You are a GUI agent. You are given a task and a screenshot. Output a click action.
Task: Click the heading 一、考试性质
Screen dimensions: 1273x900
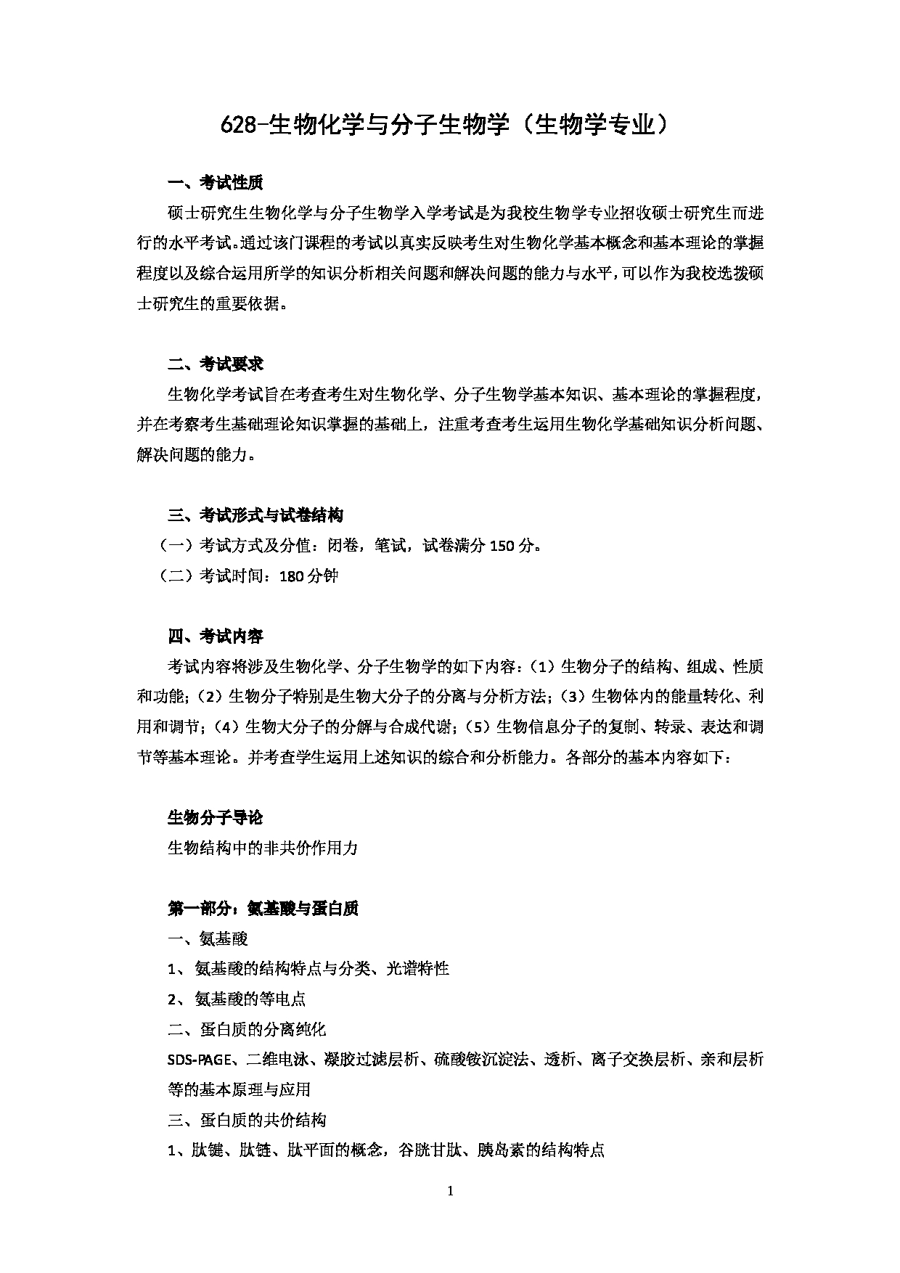[215, 183]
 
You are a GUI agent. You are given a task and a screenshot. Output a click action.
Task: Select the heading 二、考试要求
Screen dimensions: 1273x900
[215, 364]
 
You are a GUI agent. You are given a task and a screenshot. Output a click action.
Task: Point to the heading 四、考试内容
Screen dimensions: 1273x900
[215, 636]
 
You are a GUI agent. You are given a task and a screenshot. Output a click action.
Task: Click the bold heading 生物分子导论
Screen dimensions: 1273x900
[215, 818]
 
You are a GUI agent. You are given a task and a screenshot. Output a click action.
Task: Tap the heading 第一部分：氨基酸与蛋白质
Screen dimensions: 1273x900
[263, 909]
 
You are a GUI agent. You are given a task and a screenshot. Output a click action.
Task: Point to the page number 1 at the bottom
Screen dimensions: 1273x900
[451, 1190]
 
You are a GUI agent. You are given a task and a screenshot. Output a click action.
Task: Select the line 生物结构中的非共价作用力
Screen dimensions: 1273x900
[263, 848]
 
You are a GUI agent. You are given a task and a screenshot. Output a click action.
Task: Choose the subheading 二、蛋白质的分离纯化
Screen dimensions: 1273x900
[247, 1030]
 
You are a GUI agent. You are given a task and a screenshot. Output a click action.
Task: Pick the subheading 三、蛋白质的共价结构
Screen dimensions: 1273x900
[247, 1121]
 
